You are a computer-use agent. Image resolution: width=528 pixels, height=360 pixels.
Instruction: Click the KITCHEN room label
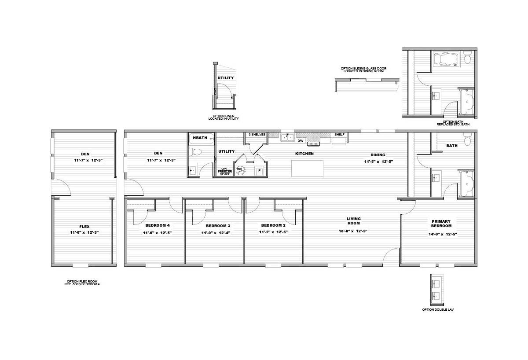pos(304,154)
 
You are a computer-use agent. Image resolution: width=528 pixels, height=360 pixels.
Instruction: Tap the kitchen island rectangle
pos(307,168)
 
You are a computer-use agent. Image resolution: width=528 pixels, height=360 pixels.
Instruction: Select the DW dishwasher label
pos(300,141)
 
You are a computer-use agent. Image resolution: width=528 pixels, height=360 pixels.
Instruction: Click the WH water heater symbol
pos(240,170)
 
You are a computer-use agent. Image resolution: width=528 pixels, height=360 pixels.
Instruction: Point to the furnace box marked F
pos(259,171)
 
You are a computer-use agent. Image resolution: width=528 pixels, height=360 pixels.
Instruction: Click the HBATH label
pos(200,138)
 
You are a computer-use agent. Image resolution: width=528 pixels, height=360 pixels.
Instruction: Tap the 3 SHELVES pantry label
pos(257,134)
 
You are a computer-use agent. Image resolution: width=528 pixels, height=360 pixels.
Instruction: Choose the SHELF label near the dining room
pos(339,134)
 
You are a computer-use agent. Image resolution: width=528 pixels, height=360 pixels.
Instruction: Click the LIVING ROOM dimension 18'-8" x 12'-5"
pos(353,231)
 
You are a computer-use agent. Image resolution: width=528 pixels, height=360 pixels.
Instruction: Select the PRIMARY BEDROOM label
pos(441,224)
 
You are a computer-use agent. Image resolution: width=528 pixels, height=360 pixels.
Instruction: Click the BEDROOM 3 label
pos(218,226)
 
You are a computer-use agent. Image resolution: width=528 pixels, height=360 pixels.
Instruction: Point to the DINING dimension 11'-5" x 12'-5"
pos(378,162)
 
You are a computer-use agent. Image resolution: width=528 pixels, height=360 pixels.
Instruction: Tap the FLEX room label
pos(84,227)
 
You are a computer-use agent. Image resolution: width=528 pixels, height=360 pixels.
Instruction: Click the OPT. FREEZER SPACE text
pos(225,171)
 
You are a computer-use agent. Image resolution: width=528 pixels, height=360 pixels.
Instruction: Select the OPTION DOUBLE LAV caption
pos(438,309)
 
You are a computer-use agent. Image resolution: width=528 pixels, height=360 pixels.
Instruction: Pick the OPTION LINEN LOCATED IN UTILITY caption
pos(223,118)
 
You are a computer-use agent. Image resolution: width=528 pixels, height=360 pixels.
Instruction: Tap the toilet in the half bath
pos(195,151)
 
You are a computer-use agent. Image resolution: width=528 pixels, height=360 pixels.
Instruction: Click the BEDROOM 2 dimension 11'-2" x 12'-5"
pos(273,232)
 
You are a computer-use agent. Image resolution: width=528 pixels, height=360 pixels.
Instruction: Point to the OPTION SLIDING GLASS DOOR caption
pos(363,70)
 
